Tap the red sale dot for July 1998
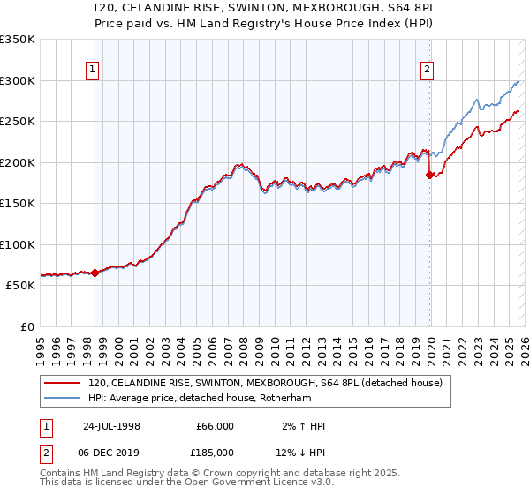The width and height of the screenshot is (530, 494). pos(95,273)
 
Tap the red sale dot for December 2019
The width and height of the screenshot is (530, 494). pos(430,175)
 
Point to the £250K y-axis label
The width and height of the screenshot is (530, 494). pos(18,122)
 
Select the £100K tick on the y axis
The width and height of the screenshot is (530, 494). pos(18,244)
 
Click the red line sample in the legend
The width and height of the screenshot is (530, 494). pos(62,383)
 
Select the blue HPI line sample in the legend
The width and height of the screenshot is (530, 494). pos(62,398)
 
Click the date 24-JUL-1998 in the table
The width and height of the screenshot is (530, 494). pos(111,426)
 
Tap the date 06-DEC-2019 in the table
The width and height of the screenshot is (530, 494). pos(111,453)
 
